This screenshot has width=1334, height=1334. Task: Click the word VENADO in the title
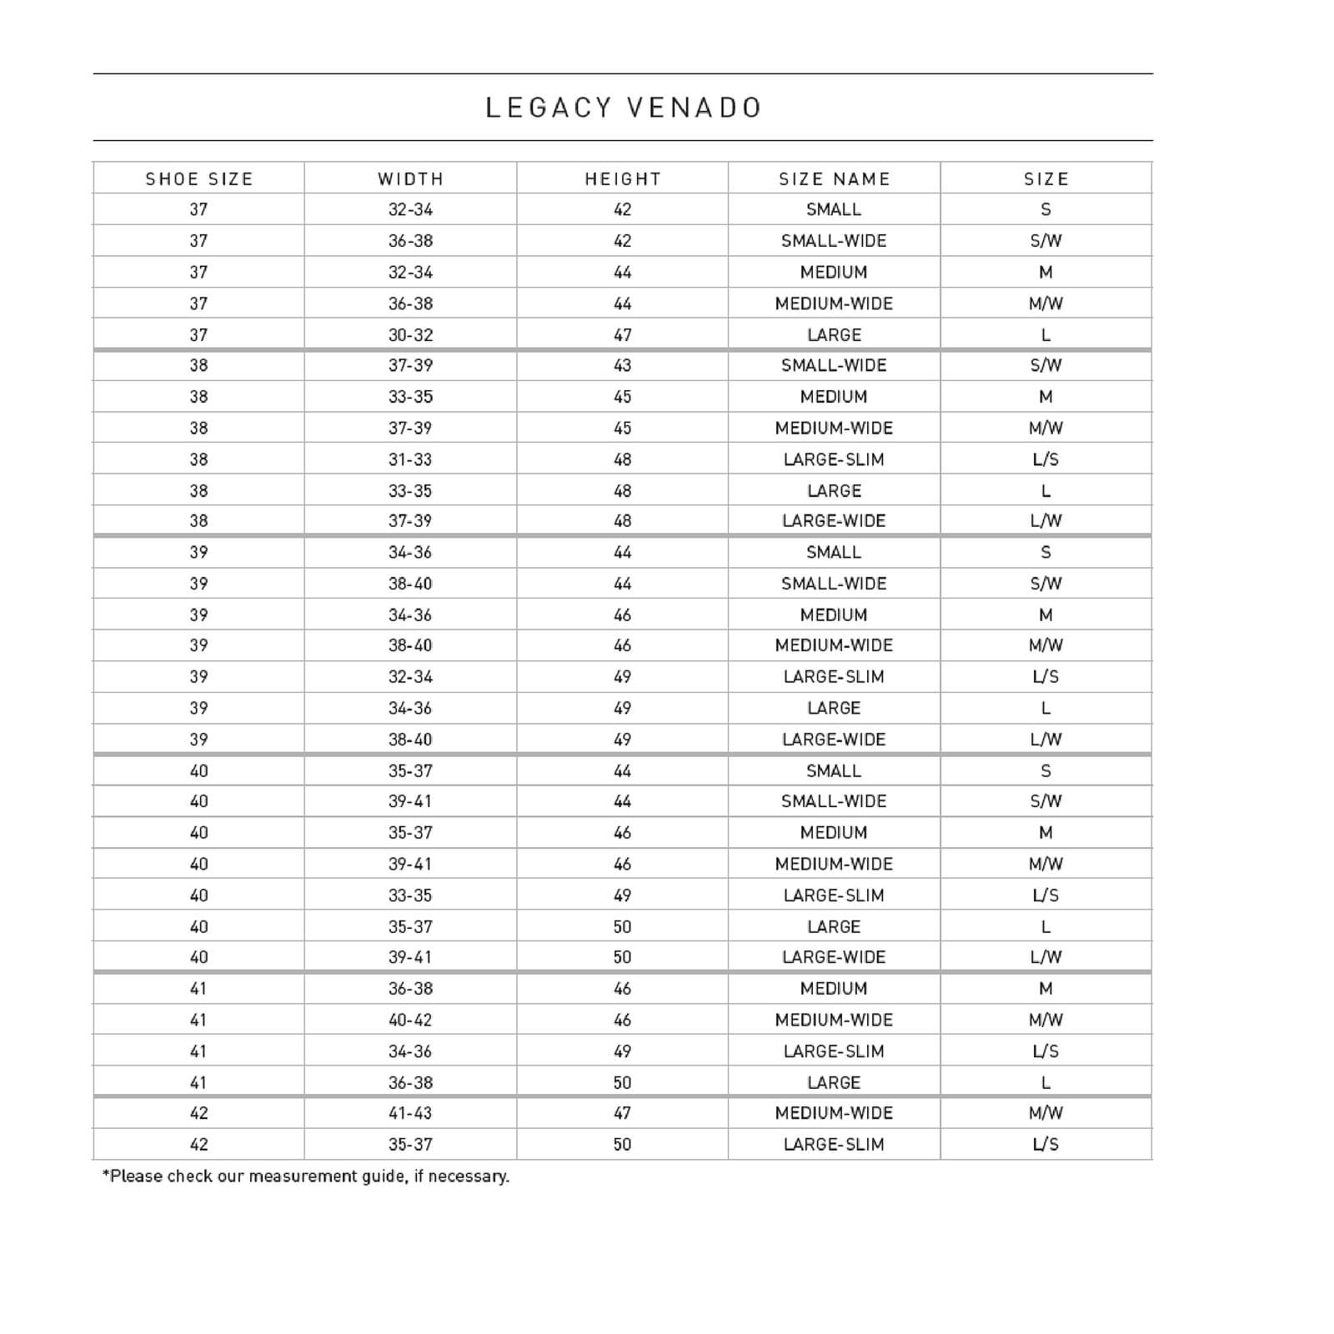(694, 108)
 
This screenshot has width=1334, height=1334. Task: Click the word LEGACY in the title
(549, 108)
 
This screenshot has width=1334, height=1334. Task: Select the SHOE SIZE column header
(199, 179)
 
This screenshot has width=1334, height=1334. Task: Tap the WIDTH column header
(411, 179)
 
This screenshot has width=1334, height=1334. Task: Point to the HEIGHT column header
(623, 179)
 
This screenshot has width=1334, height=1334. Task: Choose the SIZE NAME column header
(835, 179)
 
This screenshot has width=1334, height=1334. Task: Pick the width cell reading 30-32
(411, 335)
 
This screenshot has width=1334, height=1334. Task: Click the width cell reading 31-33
(411, 459)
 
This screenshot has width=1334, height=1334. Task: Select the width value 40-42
(411, 1020)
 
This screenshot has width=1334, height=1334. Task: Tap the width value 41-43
(411, 1113)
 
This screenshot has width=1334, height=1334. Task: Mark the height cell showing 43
(623, 365)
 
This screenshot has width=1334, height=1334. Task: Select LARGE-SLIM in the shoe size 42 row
(835, 1145)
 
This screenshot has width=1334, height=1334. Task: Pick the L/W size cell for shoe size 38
(1046, 521)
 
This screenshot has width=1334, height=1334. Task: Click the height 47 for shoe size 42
(623, 1113)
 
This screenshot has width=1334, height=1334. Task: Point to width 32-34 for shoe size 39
(411, 677)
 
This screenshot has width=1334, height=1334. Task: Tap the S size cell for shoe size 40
(1046, 771)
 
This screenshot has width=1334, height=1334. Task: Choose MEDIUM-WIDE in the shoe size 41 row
(835, 1020)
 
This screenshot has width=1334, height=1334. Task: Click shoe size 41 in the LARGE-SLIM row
(199, 1051)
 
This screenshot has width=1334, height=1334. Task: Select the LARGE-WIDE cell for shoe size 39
(835, 740)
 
